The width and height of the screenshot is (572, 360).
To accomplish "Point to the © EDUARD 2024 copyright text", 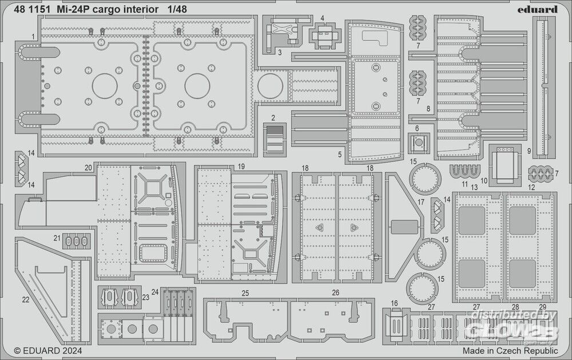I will [x=48, y=350].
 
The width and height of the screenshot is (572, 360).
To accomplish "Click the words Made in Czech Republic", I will [x=510, y=350].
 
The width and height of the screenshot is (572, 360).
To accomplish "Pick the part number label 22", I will [x=25, y=299].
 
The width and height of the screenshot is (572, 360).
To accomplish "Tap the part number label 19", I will [x=241, y=167].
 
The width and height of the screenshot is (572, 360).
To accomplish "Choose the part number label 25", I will [x=245, y=294].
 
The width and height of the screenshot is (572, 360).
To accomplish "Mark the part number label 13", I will [x=474, y=187].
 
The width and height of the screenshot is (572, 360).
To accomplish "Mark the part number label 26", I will [x=336, y=294].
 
